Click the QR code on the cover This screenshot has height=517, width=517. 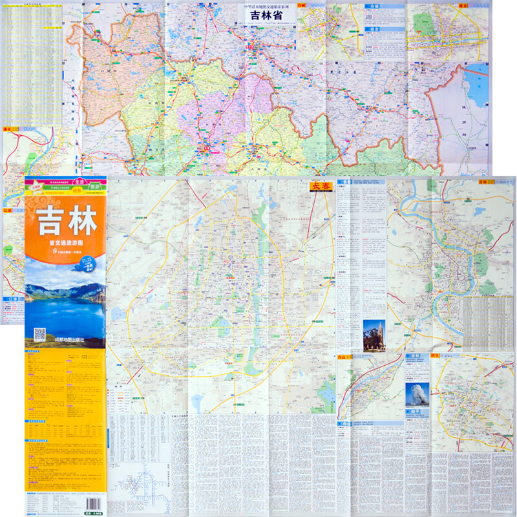click(x=40, y=335)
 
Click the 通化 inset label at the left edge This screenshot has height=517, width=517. click(x=8, y=129)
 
